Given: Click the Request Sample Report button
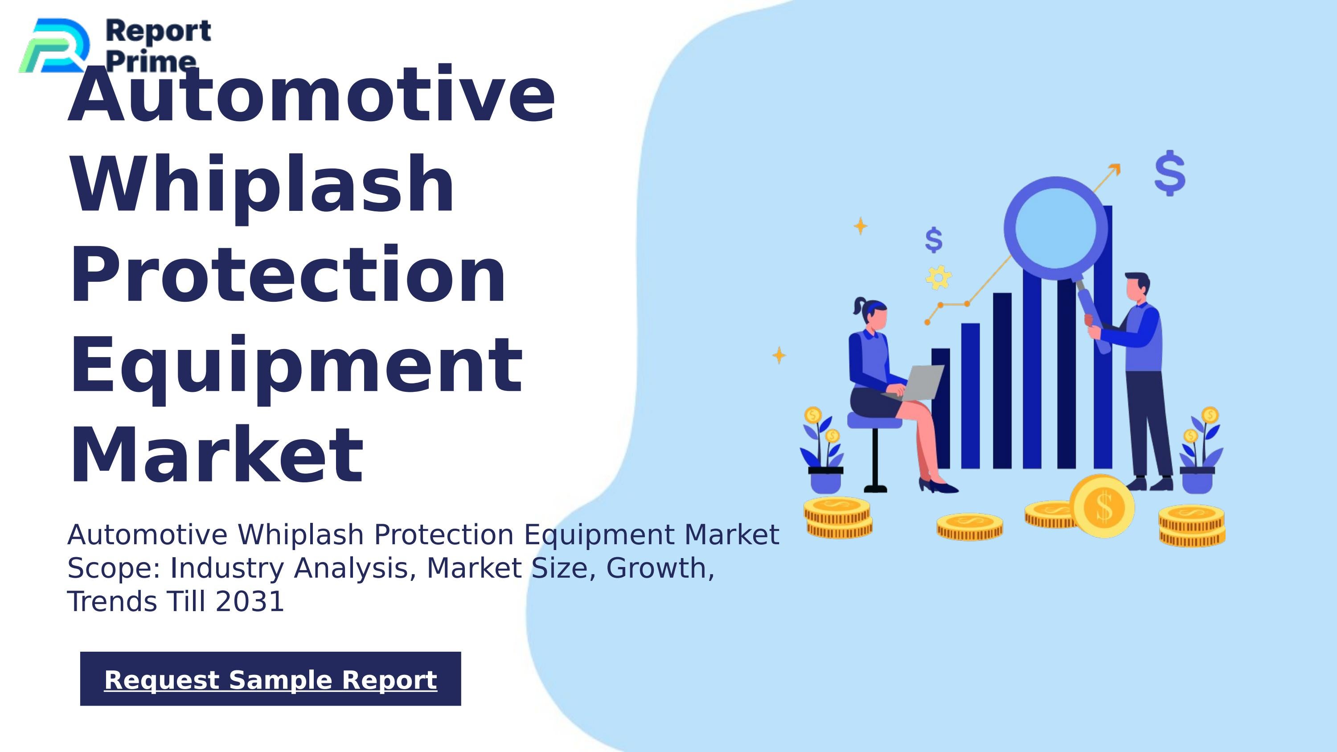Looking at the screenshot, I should pyautogui.click(x=271, y=679).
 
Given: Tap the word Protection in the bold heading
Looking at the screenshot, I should pyautogui.click(x=287, y=275).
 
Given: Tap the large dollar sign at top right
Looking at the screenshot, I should pyautogui.click(x=1170, y=173).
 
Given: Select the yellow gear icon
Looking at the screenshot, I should pyautogui.click(x=939, y=277).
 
